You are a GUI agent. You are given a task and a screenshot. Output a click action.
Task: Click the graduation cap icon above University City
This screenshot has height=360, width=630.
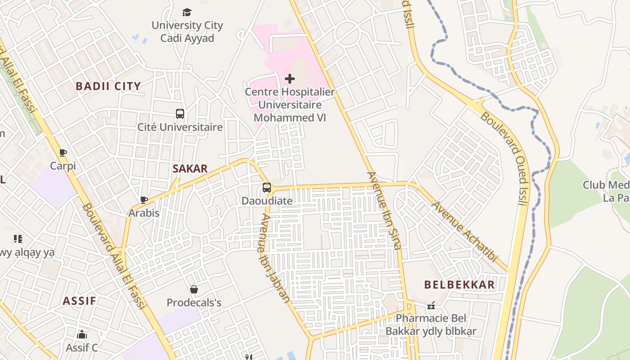point(187,12)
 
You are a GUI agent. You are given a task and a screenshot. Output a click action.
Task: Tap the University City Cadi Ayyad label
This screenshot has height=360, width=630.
point(187,31)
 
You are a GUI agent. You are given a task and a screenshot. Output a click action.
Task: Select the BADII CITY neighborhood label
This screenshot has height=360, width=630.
point(108,86)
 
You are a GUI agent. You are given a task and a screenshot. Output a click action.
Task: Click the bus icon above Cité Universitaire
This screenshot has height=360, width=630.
point(180,114)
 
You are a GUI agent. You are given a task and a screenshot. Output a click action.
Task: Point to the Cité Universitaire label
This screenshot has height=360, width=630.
point(180,127)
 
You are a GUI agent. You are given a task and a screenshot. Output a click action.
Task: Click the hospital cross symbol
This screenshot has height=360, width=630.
point(290,79)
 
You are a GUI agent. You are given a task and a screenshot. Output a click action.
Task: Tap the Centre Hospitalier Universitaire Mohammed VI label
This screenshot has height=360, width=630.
point(289,105)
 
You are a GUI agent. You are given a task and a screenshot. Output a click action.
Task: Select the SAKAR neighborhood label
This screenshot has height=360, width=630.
point(190,169)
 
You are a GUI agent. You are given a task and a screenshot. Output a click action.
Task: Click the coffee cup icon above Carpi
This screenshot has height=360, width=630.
point(63,153)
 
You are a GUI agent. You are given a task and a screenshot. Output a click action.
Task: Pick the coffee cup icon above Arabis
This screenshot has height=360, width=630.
point(144,200)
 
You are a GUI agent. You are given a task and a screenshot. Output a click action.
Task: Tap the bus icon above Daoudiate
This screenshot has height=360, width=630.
point(267,188)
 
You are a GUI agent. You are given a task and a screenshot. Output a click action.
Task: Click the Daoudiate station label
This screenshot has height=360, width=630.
point(267,201)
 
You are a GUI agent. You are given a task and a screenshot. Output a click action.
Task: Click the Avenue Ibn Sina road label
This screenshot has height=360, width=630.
point(384,210)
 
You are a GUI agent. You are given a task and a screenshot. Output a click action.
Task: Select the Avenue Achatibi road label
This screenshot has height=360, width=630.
point(465,232)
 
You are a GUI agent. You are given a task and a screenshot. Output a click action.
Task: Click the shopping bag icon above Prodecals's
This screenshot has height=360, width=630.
point(194,289)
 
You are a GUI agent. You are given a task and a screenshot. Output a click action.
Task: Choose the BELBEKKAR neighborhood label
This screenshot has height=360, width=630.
point(459,285)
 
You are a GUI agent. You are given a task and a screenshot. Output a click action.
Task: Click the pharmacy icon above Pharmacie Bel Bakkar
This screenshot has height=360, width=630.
point(431,306)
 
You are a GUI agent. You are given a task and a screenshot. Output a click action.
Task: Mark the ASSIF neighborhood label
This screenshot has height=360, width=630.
point(80,301)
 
